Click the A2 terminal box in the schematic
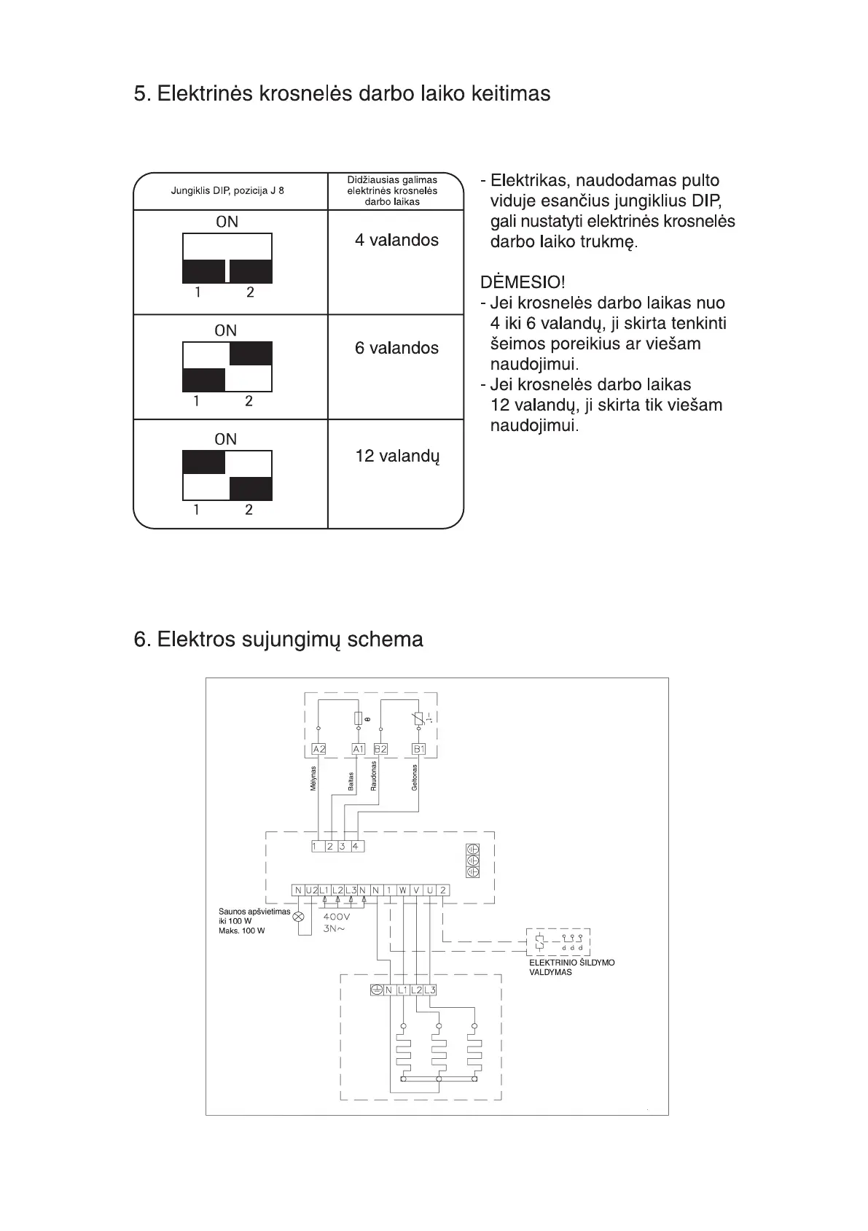[x=318, y=749]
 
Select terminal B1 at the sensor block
[x=419, y=749]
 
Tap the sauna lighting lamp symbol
[x=298, y=917]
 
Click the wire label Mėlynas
[x=313, y=778]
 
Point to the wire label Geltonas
[x=414, y=777]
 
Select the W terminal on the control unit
[x=403, y=890]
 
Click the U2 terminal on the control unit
[x=311, y=890]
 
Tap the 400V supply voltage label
[x=336, y=917]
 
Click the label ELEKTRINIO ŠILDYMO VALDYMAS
[x=571, y=967]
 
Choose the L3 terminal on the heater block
[x=430, y=990]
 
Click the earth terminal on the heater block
[x=377, y=990]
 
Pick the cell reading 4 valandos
[x=396, y=241]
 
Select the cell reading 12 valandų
[x=397, y=457]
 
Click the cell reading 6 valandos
[x=396, y=348]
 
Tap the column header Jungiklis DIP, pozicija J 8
[x=227, y=191]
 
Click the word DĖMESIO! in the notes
[x=522, y=282]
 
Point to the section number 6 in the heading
[x=141, y=640]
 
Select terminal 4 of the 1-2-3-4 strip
[x=356, y=847]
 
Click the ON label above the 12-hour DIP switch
[x=226, y=439]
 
